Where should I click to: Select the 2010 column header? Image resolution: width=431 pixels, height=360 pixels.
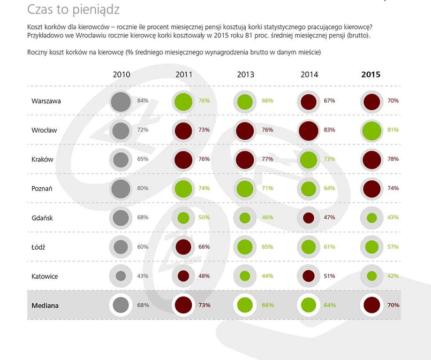click(x=121, y=75)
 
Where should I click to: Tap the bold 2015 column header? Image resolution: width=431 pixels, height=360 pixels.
click(x=370, y=75)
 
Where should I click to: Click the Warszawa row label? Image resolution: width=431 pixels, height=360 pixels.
click(x=46, y=101)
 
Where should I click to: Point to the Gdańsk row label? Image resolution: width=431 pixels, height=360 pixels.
click(x=42, y=218)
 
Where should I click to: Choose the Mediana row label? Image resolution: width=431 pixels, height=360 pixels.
click(x=45, y=305)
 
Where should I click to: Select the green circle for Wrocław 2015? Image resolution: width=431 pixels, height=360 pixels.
click(x=371, y=130)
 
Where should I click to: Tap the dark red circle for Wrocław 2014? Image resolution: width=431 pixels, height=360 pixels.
click(x=309, y=130)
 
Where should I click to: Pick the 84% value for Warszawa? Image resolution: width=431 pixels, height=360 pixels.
click(x=142, y=101)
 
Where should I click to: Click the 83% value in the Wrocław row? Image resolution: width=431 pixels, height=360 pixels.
click(x=329, y=130)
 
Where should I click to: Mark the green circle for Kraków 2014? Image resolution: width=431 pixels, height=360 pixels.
click(x=308, y=159)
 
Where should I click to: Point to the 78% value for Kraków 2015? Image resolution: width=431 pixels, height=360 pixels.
click(x=393, y=159)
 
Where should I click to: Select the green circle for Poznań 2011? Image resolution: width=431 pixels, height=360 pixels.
click(x=183, y=188)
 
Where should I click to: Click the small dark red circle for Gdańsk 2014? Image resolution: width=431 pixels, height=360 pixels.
click(x=308, y=218)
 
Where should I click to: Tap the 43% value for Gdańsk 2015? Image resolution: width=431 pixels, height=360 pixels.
click(x=393, y=218)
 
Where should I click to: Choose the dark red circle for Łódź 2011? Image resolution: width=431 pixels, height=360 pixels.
click(x=183, y=247)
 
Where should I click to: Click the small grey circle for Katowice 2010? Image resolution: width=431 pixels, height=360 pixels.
click(x=121, y=276)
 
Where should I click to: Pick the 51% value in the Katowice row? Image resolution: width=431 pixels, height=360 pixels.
click(x=329, y=276)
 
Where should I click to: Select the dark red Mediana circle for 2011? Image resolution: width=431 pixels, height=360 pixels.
click(x=183, y=305)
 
